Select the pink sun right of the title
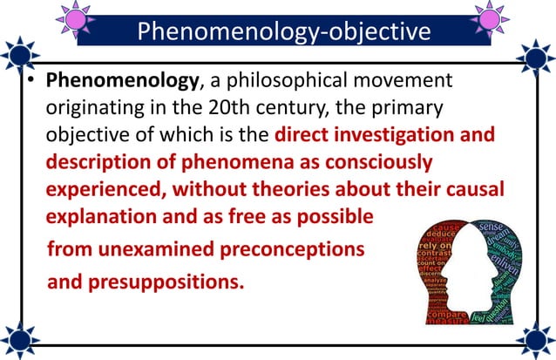[x=489, y=17]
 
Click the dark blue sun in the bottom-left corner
[x=19, y=339]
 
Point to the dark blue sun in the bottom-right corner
[x=536, y=339]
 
